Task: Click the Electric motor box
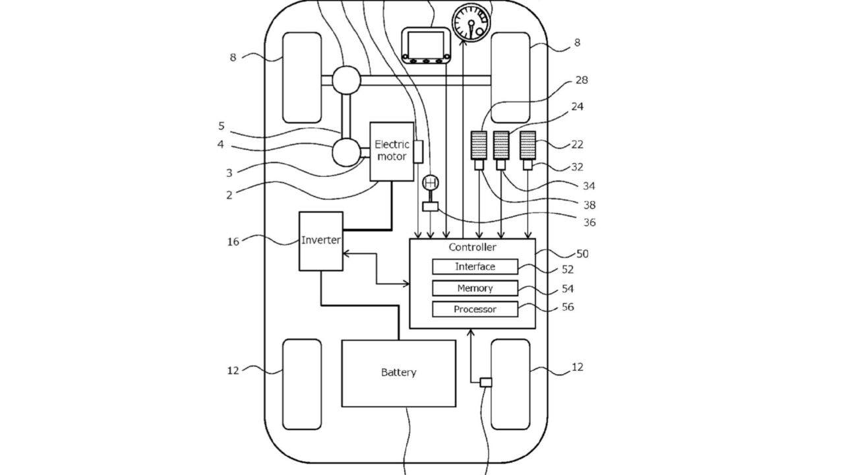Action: point(392,151)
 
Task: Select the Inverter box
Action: point(321,241)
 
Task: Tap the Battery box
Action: point(399,373)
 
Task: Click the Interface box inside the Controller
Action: point(475,267)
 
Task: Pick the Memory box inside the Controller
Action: point(475,288)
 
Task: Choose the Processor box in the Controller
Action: point(475,309)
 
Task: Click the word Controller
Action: point(472,247)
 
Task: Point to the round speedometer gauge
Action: point(471,22)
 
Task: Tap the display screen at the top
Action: point(426,46)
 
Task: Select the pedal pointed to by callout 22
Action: point(527,145)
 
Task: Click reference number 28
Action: point(582,80)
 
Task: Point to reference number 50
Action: point(582,254)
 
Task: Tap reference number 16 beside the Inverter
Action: point(233,241)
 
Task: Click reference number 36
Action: point(589,222)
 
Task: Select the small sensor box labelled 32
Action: point(527,165)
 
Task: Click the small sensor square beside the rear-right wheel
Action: point(486,382)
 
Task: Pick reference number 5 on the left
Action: point(221,126)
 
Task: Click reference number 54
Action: point(568,289)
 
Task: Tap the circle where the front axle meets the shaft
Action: point(346,80)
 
